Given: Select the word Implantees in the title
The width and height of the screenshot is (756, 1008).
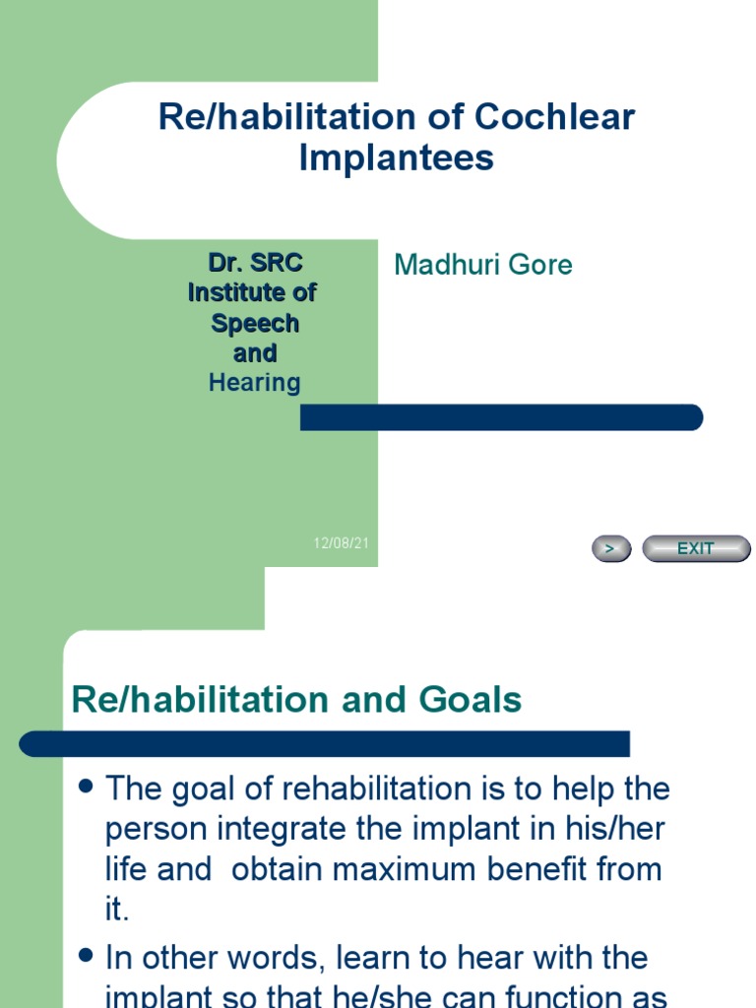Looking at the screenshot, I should tap(397, 157).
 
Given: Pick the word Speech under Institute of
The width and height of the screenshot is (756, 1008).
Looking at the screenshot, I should tap(254, 323).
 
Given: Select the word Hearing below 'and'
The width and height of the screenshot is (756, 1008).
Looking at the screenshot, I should tap(254, 383).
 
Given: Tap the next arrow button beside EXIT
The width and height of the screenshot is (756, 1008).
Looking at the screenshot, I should tap(610, 548).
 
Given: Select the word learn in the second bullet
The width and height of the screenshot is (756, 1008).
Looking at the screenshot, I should tap(374, 958).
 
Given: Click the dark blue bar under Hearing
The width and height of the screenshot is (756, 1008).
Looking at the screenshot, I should tap(501, 417).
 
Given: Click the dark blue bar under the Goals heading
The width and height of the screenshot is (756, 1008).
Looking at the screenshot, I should tap(325, 744).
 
